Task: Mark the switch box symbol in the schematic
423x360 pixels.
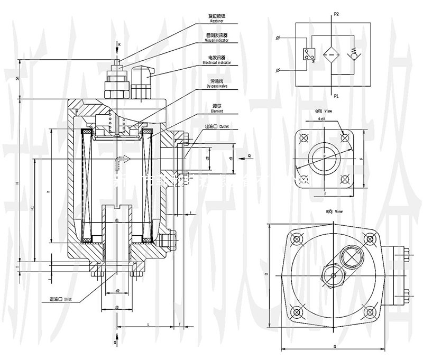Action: pyautogui.click(x=307, y=55)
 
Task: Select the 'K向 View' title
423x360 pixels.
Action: pyautogui.click(x=335, y=211)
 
